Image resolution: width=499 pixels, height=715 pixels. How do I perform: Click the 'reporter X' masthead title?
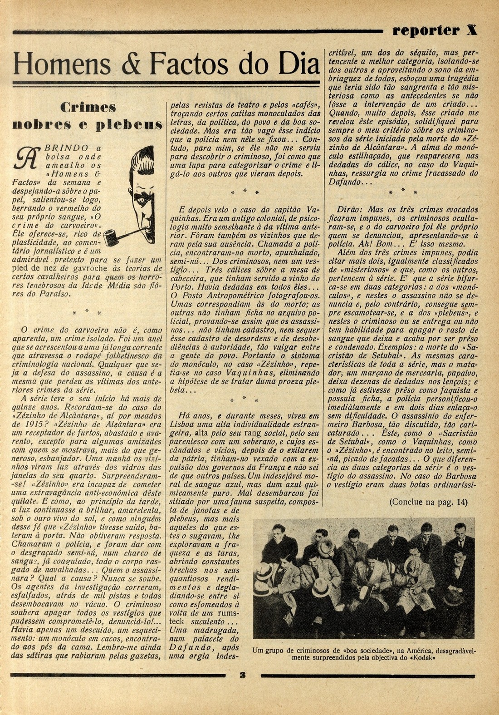(x=435, y=30)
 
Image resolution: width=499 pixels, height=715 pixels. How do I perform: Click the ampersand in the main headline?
(x=132, y=64)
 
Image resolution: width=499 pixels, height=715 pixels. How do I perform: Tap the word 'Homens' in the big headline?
(x=62, y=64)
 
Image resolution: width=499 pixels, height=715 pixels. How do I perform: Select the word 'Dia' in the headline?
(x=296, y=64)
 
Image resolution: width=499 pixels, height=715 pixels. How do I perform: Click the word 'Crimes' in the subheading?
(x=88, y=108)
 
